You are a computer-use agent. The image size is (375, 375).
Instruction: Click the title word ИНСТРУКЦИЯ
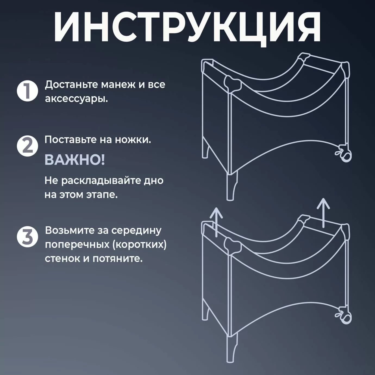[x=187, y=27]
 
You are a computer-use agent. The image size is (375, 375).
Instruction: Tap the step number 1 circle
[x=27, y=91]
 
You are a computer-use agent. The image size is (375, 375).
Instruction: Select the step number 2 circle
[x=27, y=146]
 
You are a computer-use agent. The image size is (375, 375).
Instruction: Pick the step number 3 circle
[x=27, y=237]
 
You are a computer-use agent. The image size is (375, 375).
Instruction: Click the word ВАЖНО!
[x=75, y=160]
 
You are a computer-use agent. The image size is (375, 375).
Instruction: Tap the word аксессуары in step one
[x=76, y=99]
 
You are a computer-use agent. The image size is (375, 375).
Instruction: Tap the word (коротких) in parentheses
[x=139, y=245]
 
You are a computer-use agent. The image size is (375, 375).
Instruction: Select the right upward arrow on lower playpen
[x=323, y=213]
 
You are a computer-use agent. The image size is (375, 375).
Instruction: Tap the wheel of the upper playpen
[x=346, y=156]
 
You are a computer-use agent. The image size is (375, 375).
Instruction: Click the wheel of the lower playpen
[x=346, y=318]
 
